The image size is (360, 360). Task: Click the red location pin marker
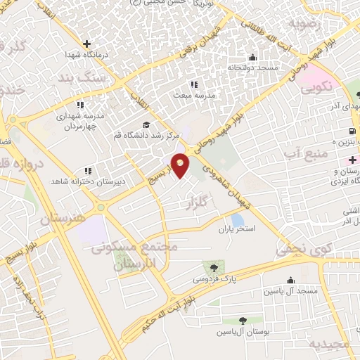point(181,165)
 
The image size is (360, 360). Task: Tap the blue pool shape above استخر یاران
point(238,219)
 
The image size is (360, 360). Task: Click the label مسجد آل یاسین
point(290,291)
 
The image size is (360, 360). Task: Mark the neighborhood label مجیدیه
point(330,345)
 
